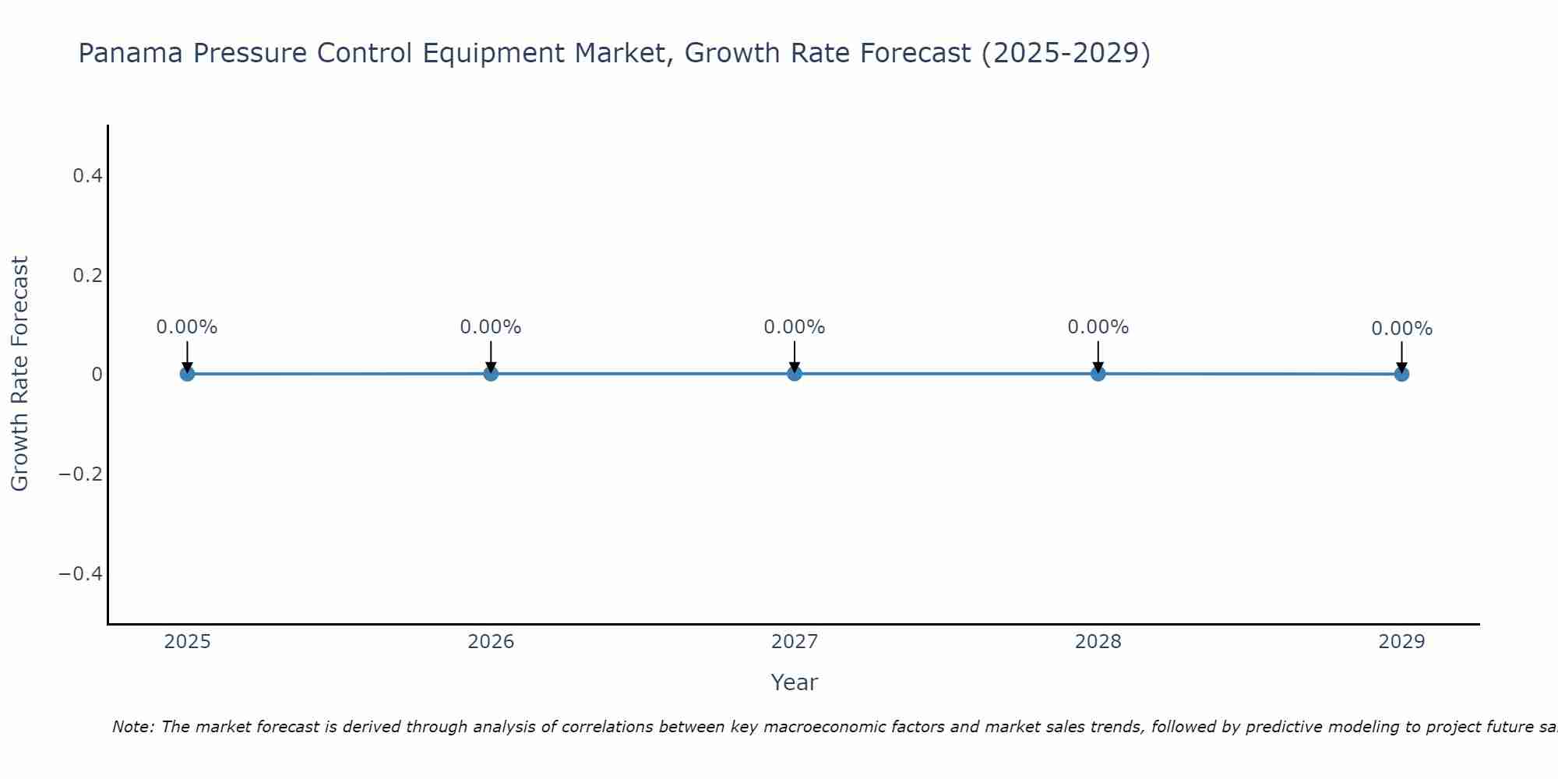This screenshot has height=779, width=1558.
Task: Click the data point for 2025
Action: pos(187,374)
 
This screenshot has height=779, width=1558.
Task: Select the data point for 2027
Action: pos(795,374)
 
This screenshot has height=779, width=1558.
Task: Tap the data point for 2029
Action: pos(1401,374)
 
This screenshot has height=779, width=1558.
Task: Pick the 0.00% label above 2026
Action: pos(491,327)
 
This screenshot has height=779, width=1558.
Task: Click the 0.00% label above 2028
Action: pos(1098,327)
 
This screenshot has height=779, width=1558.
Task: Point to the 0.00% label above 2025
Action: pos(187,327)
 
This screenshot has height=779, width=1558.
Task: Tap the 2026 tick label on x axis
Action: pos(491,642)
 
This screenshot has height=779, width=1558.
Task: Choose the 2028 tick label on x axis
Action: pos(1098,642)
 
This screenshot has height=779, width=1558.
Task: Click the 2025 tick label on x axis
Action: pos(188,642)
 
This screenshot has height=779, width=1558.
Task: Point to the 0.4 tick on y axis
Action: pos(87,176)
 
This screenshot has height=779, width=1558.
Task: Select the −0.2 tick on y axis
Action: pos(81,474)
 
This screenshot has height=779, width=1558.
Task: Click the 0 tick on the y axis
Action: pos(97,375)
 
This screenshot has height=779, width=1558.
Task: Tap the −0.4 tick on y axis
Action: pos(81,574)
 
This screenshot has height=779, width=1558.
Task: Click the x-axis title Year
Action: pos(794,683)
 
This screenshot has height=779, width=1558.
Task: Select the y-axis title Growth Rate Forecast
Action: pos(19,374)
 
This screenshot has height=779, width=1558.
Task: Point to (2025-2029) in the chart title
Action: pos(1065,54)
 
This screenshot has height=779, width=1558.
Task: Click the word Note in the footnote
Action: pos(132,728)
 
